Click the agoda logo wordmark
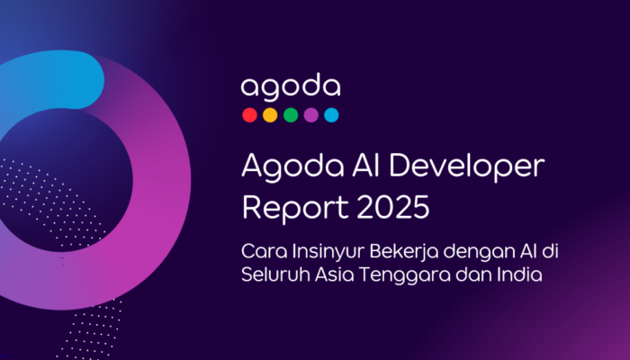pyautogui.click(x=290, y=87)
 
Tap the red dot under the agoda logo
pyautogui.click(x=249, y=115)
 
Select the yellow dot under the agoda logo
pyautogui.click(x=270, y=115)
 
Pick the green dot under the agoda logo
pyautogui.click(x=291, y=115)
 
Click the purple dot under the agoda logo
pyautogui.click(x=311, y=115)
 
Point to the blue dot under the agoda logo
pyautogui.click(x=331, y=115)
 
